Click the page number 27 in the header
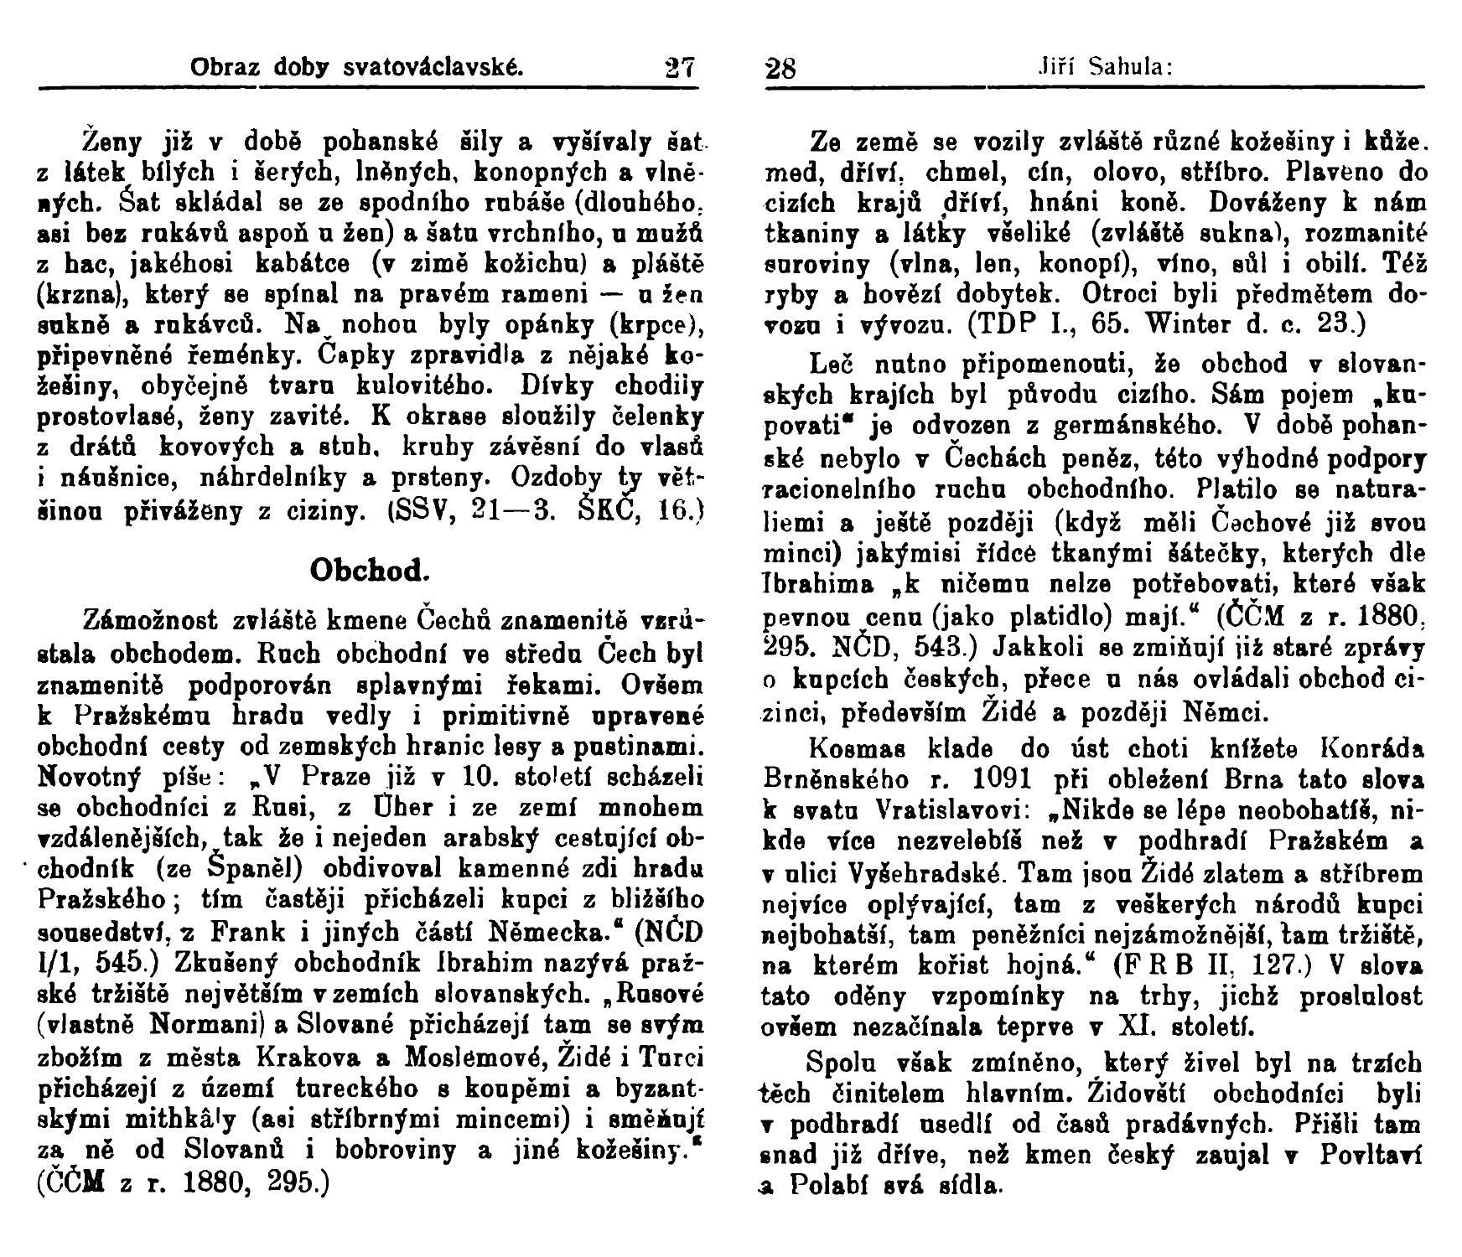click(x=680, y=67)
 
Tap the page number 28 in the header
click(x=781, y=67)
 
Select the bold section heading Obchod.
click(x=370, y=571)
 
